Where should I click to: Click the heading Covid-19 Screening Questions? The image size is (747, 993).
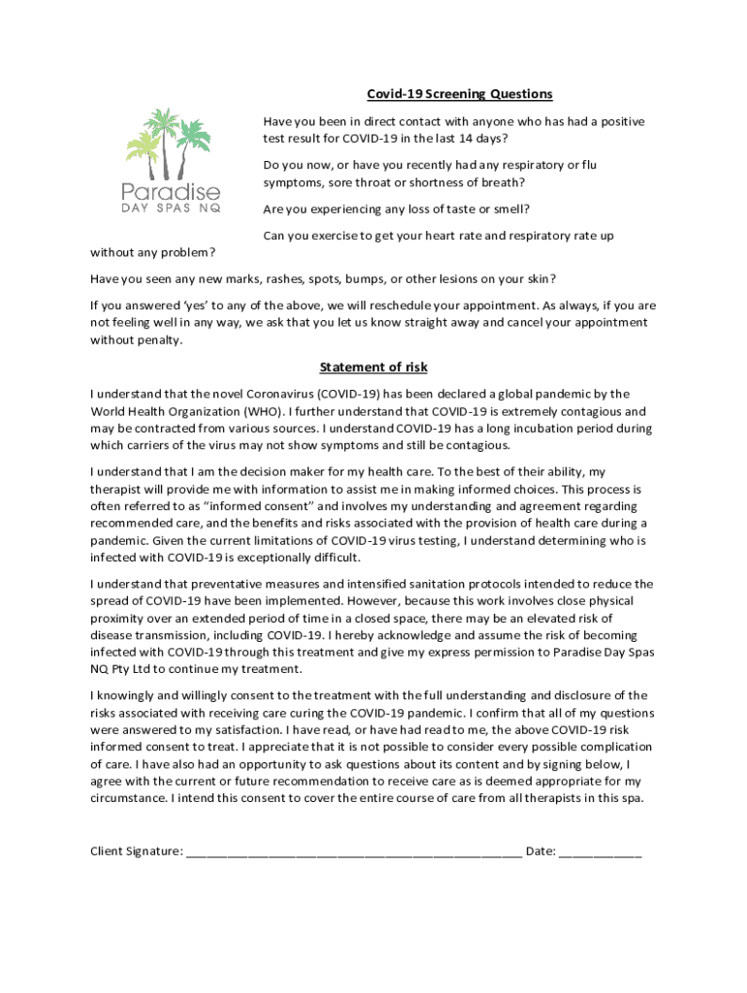(459, 94)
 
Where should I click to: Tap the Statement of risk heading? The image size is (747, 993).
(373, 368)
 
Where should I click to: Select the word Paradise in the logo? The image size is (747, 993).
(171, 191)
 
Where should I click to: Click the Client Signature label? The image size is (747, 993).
(136, 851)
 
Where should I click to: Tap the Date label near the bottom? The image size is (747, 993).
(540, 851)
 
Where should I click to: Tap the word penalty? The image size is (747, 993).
(159, 340)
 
